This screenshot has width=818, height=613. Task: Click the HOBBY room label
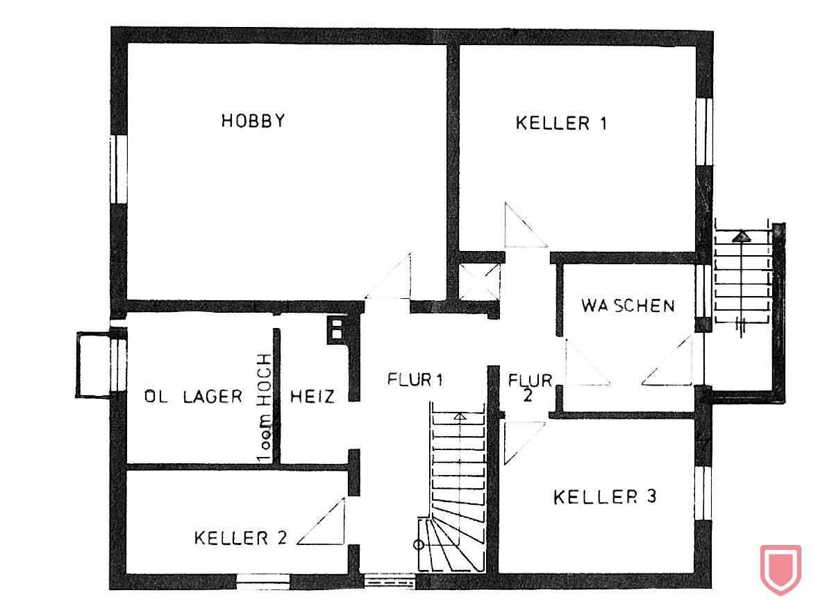tap(253, 121)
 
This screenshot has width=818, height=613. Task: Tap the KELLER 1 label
tap(561, 123)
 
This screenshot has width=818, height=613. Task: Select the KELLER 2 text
tap(240, 538)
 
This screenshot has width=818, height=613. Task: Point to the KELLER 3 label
tap(605, 497)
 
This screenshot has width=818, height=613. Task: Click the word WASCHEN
tap(628, 306)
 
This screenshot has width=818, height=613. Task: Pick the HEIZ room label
tap(312, 397)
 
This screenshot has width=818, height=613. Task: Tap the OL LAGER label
tap(193, 397)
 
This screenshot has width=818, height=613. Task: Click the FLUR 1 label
tap(415, 380)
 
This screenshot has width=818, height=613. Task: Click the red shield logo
tap(781, 569)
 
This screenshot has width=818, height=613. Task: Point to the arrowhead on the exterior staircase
tap(742, 236)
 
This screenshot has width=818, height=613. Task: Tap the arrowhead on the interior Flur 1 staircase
tap(459, 417)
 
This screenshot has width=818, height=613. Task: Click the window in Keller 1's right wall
tap(704, 132)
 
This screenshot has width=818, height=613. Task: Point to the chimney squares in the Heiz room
tap(337, 327)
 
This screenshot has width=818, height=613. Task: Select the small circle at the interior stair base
tap(419, 544)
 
